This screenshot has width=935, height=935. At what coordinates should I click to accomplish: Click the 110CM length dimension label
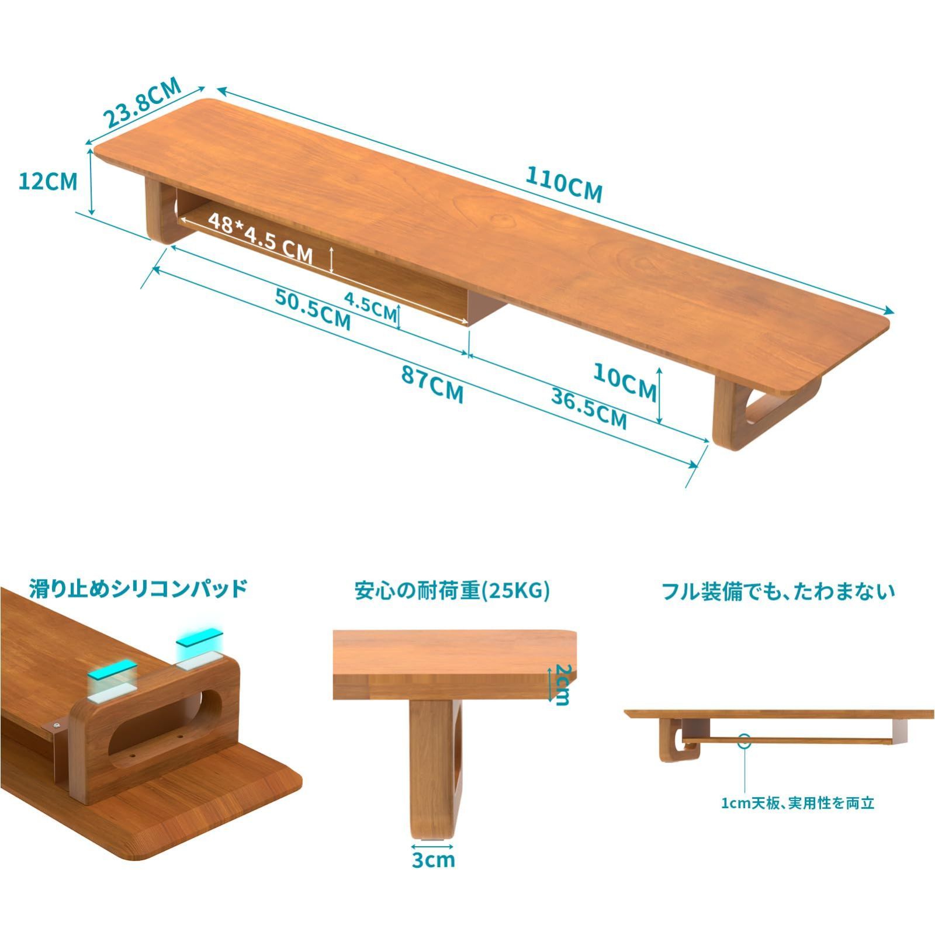coord(563,184)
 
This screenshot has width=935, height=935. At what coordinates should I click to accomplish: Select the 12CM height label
coord(47,182)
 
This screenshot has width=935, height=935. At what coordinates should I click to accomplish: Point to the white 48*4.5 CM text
coord(261,239)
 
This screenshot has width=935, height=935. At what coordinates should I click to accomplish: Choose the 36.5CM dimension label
coord(589,408)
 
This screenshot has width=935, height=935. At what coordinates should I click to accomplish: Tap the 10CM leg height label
coord(625,381)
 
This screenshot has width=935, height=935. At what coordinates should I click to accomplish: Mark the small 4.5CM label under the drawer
coord(370,306)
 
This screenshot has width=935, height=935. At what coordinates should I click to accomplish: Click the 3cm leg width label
coord(433,859)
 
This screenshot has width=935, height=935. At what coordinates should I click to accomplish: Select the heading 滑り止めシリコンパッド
coord(138,588)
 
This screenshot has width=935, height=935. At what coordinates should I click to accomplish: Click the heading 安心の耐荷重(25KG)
coord(452,591)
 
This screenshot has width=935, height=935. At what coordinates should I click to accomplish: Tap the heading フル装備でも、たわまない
coord(778,591)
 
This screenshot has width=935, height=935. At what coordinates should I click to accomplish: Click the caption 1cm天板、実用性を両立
coord(797,803)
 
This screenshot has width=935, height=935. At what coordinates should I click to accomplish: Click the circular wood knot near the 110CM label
coord(500,220)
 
